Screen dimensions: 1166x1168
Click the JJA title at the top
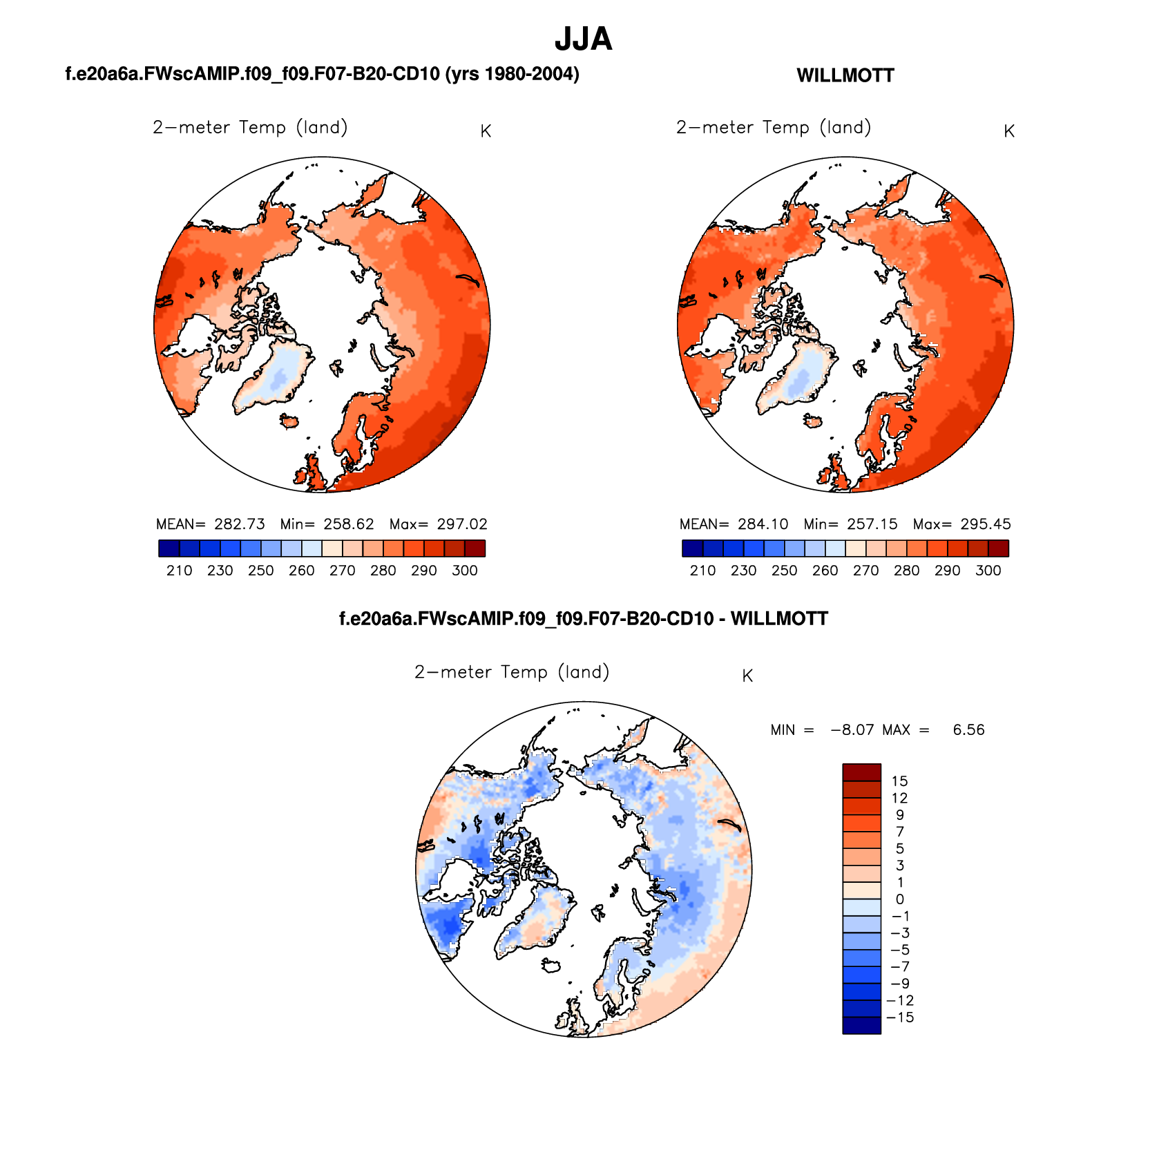[583, 39]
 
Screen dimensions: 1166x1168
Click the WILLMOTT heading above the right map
[845, 76]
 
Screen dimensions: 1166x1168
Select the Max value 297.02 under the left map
[462, 524]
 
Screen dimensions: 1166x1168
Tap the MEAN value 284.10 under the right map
[763, 524]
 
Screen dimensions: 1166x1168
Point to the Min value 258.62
[348, 524]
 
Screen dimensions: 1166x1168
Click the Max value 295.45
[986, 524]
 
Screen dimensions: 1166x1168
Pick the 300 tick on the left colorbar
[465, 571]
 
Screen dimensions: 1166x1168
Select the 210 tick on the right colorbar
[702, 571]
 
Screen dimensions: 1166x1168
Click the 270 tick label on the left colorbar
[343, 571]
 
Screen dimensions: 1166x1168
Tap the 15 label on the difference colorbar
[899, 781]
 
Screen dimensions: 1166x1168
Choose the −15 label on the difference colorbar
[900, 1017]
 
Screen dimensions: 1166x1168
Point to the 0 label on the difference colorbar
[899, 899]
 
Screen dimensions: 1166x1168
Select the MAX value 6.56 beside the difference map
[968, 730]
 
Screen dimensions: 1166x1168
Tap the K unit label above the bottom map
[747, 676]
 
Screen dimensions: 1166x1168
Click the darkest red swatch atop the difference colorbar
[861, 772]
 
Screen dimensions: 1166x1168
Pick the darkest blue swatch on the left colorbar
[169, 548]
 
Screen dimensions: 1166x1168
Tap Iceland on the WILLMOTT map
[813, 421]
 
